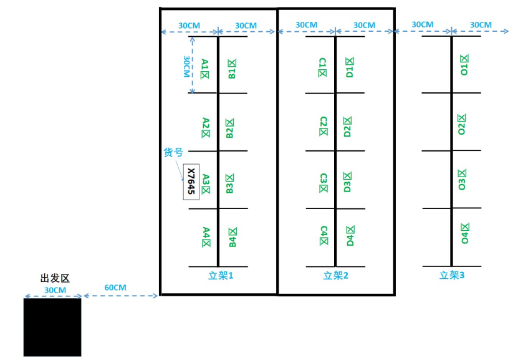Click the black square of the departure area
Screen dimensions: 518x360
coord(52,327)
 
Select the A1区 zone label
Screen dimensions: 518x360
coord(204,69)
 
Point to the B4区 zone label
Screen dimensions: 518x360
coord(232,237)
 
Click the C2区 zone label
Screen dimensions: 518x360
coord(322,125)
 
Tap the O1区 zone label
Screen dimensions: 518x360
coord(463,64)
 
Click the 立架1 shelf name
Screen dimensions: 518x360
coord(220,275)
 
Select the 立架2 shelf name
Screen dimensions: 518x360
coord(336,275)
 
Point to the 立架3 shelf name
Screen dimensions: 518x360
coord(452,275)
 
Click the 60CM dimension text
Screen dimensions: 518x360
coord(115,288)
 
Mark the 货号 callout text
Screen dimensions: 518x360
coord(173,152)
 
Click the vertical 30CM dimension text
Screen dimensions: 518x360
coord(186,66)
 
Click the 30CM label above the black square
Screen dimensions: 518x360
coord(54,291)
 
